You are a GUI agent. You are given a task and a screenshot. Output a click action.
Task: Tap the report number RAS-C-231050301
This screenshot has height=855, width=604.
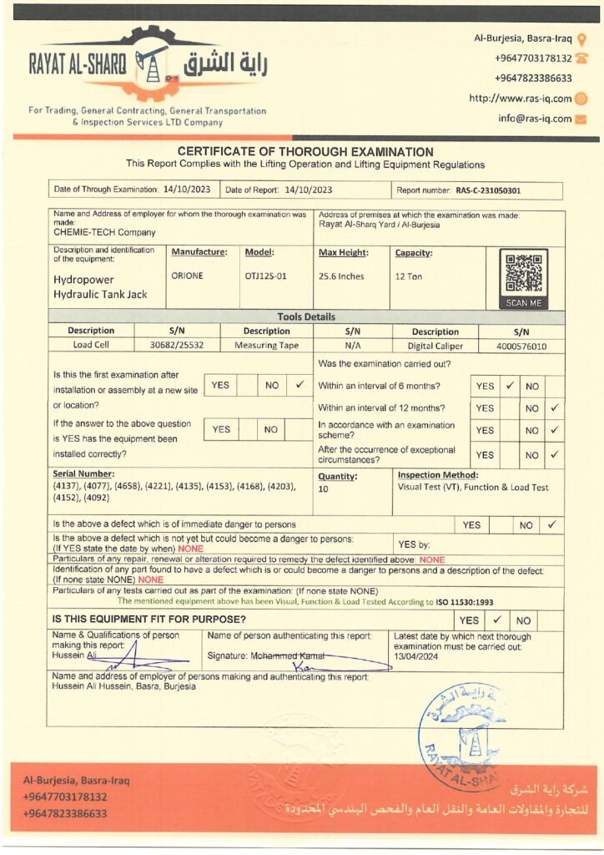[x=488, y=190]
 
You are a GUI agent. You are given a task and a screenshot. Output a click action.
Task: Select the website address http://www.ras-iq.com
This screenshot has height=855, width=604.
[x=521, y=99]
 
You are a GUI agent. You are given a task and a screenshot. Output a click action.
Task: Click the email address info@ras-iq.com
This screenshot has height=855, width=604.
[x=535, y=119]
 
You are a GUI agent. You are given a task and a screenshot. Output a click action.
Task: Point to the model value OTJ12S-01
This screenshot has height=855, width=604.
[x=266, y=276]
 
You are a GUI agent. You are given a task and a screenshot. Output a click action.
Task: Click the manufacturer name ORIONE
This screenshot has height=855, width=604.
[x=187, y=276]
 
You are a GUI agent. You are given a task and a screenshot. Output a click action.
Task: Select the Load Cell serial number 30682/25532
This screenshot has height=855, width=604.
[x=176, y=345]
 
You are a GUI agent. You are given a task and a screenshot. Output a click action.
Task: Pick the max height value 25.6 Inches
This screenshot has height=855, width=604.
[x=341, y=276]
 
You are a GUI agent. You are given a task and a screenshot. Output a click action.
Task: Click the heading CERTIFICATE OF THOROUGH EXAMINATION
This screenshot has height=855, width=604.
[x=305, y=152]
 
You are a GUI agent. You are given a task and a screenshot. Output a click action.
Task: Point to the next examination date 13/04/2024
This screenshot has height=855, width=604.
[x=418, y=657]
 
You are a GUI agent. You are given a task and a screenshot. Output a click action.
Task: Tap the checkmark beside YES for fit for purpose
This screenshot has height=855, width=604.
[x=496, y=620]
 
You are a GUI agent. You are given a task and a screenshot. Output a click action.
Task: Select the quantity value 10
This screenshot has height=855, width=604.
[x=324, y=489]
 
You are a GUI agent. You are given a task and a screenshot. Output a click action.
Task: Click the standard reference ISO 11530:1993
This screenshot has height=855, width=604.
[x=464, y=601]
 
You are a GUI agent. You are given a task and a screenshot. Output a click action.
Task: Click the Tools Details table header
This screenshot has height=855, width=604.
[x=306, y=317]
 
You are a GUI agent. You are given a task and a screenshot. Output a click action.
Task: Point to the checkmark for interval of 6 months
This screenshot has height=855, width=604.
[x=509, y=387]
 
